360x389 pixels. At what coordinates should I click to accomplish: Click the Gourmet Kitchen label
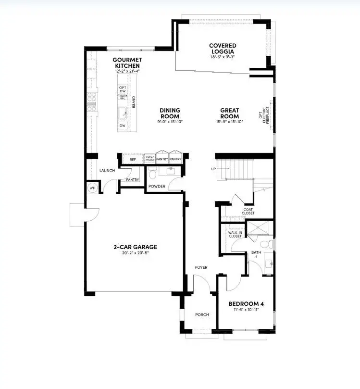(126, 63)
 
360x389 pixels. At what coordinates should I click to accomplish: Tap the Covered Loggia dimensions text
(222, 57)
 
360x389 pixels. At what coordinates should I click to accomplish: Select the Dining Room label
(170, 113)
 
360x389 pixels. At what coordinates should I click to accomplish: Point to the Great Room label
(229, 113)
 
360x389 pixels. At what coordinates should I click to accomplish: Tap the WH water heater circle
(92, 188)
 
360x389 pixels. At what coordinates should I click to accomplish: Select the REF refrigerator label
(133, 159)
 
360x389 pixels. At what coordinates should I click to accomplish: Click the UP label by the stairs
(213, 169)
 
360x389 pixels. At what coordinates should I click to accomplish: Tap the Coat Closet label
(248, 211)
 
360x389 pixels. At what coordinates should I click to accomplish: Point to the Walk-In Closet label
(236, 234)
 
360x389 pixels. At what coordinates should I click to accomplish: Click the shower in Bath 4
(259, 229)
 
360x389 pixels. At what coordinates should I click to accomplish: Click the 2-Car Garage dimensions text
(135, 253)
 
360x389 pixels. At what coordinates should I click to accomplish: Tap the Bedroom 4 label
(246, 304)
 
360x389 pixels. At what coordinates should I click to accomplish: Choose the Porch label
(202, 315)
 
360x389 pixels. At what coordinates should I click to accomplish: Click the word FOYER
(201, 267)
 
